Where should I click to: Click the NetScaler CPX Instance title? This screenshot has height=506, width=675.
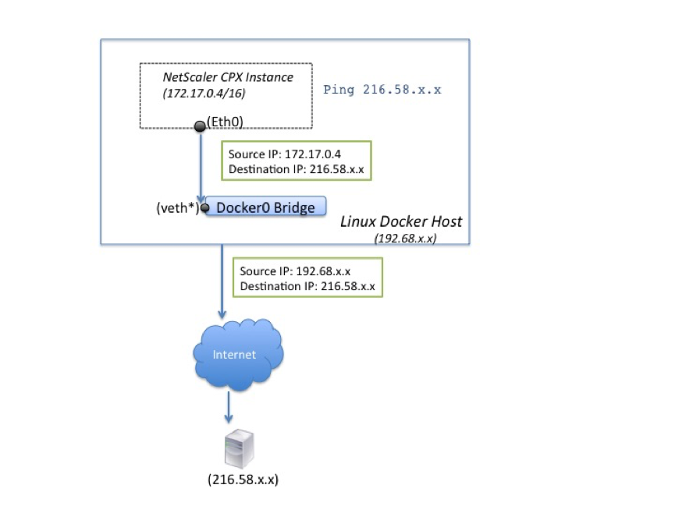228,77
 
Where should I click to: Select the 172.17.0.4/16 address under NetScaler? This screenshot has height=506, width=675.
204,94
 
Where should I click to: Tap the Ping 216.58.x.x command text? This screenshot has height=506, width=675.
382,90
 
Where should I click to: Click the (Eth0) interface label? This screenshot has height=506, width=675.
225,122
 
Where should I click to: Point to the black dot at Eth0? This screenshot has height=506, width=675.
200,126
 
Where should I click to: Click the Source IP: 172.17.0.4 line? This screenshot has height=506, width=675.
285,154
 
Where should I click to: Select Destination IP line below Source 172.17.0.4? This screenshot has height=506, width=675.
297,169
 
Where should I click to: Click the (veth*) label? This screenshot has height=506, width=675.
178,208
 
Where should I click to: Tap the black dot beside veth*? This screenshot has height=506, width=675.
205,208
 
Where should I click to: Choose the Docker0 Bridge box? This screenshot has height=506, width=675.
265,207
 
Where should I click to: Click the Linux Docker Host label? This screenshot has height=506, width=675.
401,221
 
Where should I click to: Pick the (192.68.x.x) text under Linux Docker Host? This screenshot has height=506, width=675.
405,239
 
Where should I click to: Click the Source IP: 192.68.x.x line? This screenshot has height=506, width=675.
295,271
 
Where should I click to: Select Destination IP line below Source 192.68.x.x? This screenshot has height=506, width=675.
307,286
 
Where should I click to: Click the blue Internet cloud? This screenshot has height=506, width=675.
238,354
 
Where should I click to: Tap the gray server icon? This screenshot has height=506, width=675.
240,449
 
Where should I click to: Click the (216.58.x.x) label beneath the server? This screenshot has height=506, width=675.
243,479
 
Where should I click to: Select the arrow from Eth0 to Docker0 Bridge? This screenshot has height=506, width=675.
201,167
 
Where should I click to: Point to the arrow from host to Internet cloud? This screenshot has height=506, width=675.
222,281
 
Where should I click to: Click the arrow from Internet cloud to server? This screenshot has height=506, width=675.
229,407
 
